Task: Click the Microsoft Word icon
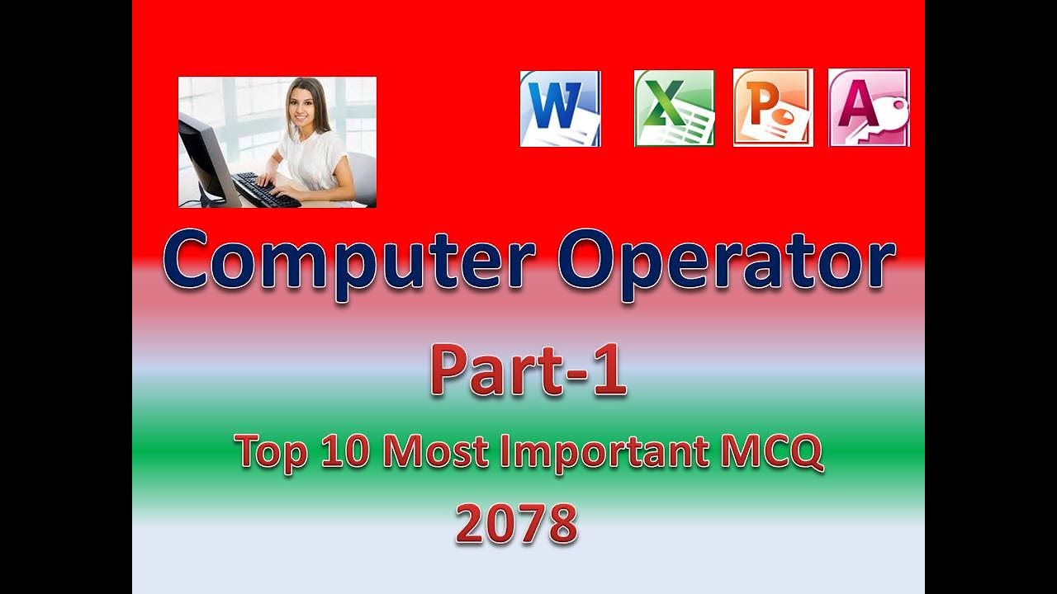tap(560, 108)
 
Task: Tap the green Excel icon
tap(674, 108)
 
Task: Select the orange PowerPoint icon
tap(773, 108)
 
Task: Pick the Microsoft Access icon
tap(869, 108)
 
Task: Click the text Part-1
tap(528, 370)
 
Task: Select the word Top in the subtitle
tap(267, 452)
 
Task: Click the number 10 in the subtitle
tap(346, 450)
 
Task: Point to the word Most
tap(433, 450)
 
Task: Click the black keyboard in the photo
tap(264, 191)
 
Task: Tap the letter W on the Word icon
tap(551, 104)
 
